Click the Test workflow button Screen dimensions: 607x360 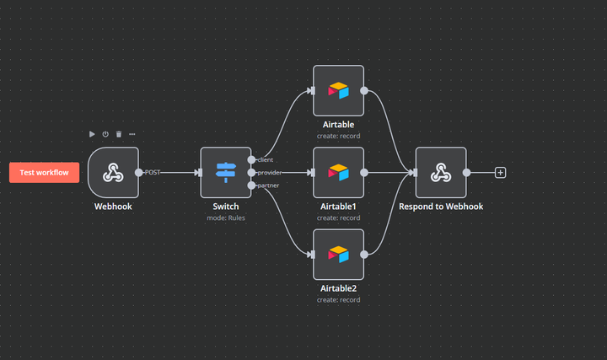point(44,173)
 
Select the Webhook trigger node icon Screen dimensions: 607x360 point(113,173)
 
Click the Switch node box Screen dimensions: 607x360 point(226,173)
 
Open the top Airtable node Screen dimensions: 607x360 point(338,90)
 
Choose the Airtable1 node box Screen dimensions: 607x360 point(338,173)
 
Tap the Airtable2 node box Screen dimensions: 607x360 point(338,255)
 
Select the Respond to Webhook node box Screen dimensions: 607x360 point(441,173)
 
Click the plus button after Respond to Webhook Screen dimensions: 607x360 point(500,173)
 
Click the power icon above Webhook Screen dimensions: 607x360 point(105,134)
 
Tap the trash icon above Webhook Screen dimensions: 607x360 point(119,134)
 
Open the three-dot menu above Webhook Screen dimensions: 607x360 point(132,134)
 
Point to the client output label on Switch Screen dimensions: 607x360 point(266,160)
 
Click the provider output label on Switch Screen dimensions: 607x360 point(270,173)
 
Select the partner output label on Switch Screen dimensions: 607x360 point(268,185)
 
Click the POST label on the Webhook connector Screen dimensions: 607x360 point(152,173)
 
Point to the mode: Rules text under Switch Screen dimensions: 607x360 point(226,218)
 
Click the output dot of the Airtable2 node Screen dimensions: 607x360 point(364,255)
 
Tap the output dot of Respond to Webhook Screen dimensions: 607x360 point(466,173)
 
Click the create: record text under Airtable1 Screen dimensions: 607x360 point(338,218)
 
